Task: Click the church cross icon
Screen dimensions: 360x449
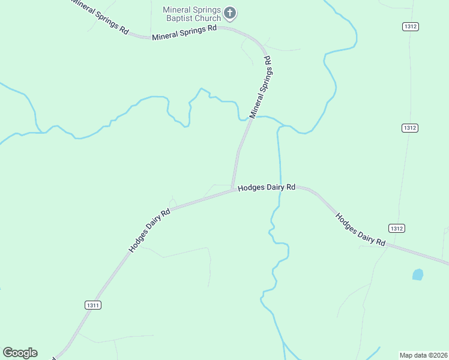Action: [230, 12]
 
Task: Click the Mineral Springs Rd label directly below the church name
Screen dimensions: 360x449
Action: [184, 33]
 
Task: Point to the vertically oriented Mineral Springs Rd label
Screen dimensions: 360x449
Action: [261, 87]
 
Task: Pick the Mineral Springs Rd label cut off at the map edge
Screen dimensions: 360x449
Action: [100, 17]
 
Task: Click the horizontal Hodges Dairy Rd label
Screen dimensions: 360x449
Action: [267, 187]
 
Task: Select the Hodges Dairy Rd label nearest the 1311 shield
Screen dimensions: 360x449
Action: [149, 230]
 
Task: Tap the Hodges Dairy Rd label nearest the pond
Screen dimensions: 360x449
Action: [360, 229]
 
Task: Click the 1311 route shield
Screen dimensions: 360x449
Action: [92, 305]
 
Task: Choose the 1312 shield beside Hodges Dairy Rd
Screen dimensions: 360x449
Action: [396, 228]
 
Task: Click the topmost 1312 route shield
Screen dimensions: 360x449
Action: [411, 26]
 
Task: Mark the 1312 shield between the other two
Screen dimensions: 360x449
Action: [410, 128]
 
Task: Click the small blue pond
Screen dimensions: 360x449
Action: [418, 275]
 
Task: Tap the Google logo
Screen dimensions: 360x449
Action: [20, 353]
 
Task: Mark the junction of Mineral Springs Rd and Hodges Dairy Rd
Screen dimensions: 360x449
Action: [234, 190]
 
